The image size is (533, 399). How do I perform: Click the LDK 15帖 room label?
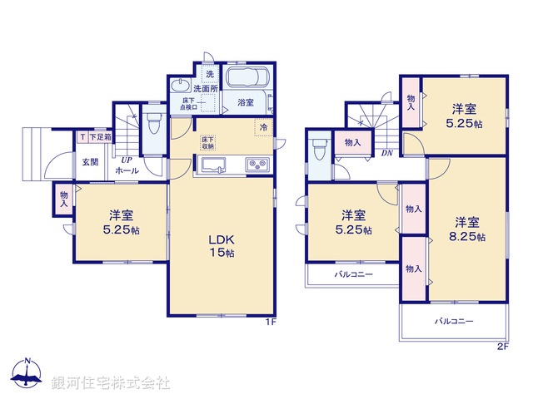(x=221, y=246)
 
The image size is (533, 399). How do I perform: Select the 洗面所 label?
(x=206, y=88)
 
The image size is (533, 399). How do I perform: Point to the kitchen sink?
(x=212, y=165)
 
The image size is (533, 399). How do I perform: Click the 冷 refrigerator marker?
(x=263, y=128)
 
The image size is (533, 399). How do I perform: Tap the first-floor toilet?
(x=152, y=127)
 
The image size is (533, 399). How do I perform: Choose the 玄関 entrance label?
(x=90, y=162)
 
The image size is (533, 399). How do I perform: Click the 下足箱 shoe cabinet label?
(x=98, y=137)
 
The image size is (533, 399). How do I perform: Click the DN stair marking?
(x=386, y=153)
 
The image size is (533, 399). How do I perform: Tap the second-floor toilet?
(x=320, y=150)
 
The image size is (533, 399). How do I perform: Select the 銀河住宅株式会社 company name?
(x=112, y=382)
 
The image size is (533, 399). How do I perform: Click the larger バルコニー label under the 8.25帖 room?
(x=453, y=321)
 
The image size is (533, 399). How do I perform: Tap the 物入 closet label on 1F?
(x=64, y=199)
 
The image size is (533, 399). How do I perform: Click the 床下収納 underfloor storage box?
(x=207, y=141)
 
